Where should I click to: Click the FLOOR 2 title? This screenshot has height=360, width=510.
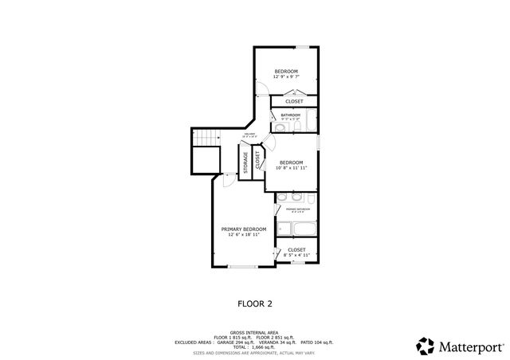[x=255, y=303]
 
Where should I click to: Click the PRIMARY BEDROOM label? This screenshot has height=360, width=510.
[x=243, y=229]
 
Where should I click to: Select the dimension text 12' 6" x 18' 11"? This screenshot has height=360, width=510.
[x=243, y=235]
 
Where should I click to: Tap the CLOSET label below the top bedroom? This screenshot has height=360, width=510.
[x=294, y=101]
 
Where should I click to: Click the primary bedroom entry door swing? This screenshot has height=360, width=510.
[x=228, y=180]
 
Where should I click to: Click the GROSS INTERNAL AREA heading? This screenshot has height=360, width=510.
[x=255, y=332]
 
